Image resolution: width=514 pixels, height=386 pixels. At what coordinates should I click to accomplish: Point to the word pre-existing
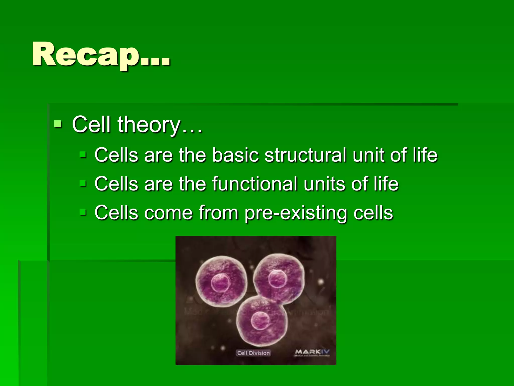click(x=296, y=213)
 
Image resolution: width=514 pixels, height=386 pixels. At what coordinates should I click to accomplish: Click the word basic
click(x=235, y=155)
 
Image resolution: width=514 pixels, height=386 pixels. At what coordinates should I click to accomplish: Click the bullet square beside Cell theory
click(x=58, y=124)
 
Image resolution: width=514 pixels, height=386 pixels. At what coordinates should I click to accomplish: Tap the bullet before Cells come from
click(x=83, y=212)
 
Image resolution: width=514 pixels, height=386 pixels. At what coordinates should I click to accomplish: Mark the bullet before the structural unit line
click(x=83, y=154)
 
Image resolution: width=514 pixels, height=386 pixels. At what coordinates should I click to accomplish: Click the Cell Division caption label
click(x=253, y=353)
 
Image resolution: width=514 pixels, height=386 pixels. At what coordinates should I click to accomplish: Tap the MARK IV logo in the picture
click(x=312, y=352)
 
